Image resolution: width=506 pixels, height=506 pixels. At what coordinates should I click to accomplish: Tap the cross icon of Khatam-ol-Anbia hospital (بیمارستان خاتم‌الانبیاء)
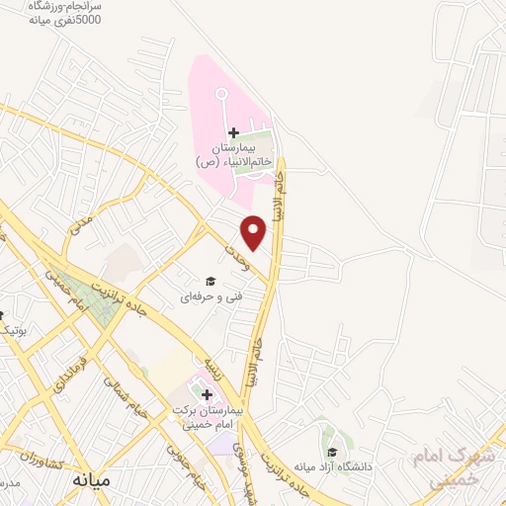[233, 133]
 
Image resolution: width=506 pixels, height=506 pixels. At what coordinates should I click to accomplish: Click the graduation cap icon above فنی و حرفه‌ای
[209, 281]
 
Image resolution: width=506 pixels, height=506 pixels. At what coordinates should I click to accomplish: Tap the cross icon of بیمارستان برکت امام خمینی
[207, 395]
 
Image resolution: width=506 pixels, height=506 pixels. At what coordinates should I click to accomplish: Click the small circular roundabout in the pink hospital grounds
[220, 95]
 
